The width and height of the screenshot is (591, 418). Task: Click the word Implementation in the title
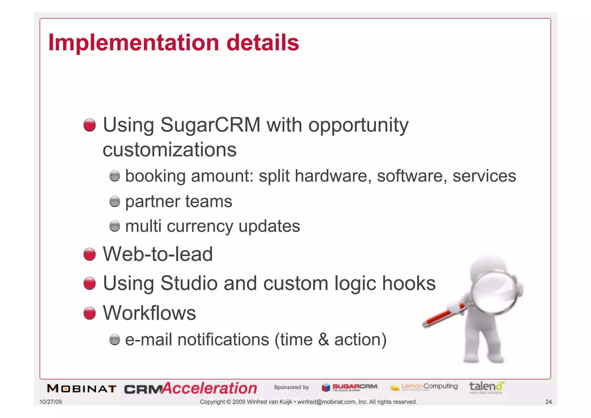pos(134,43)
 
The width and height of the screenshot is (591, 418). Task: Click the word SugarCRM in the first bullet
pos(210,125)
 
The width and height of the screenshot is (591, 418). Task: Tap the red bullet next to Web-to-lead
pos(89,254)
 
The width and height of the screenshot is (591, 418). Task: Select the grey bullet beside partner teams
pos(115,201)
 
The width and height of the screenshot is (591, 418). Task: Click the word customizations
pos(169,150)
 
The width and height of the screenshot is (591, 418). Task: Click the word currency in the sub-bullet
pos(200,226)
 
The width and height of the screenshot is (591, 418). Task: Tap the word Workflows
pos(149,313)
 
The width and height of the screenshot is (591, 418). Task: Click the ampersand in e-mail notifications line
pos(323,339)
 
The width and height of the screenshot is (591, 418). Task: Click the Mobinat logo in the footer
pos(82,389)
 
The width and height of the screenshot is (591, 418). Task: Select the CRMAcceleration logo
pos(190,388)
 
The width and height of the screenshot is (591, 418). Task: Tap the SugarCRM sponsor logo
pos(350,387)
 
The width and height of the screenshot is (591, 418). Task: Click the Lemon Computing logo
pos(424,387)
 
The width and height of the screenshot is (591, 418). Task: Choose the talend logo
pos(487,387)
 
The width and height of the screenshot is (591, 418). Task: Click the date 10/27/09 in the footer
pos(51,402)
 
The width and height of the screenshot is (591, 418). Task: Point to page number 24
pos(548,402)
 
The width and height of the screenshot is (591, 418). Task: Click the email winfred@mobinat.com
pos(326,402)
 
